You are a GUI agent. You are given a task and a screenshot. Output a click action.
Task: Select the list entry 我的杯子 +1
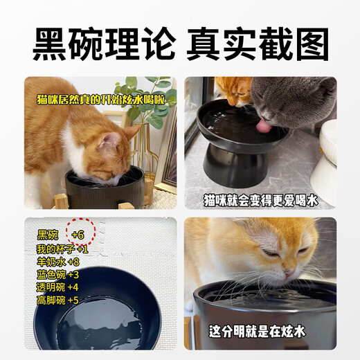[x=62, y=249]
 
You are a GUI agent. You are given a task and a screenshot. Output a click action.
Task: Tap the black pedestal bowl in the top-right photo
[x=235, y=142]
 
